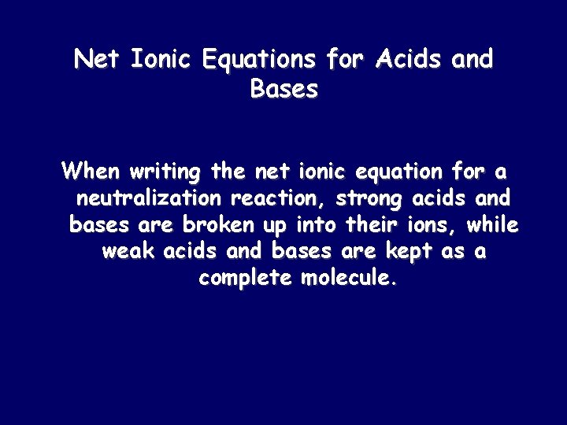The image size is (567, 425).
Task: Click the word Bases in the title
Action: pyautogui.click(x=283, y=90)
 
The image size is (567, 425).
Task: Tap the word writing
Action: pyautogui.click(x=166, y=171)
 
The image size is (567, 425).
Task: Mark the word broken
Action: pyautogui.click(x=218, y=225)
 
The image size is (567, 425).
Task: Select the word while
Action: pyautogui.click(x=492, y=225)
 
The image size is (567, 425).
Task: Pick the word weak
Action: pyautogui.click(x=129, y=252)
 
